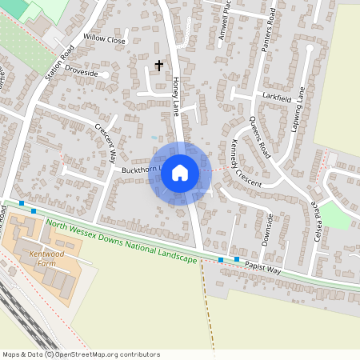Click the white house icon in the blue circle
[180, 172]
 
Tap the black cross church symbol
[158, 65]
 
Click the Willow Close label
[105, 39]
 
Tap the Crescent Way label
[106, 142]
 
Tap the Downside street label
[270, 227]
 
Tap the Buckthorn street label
[142, 170]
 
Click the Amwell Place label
[223, 26]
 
